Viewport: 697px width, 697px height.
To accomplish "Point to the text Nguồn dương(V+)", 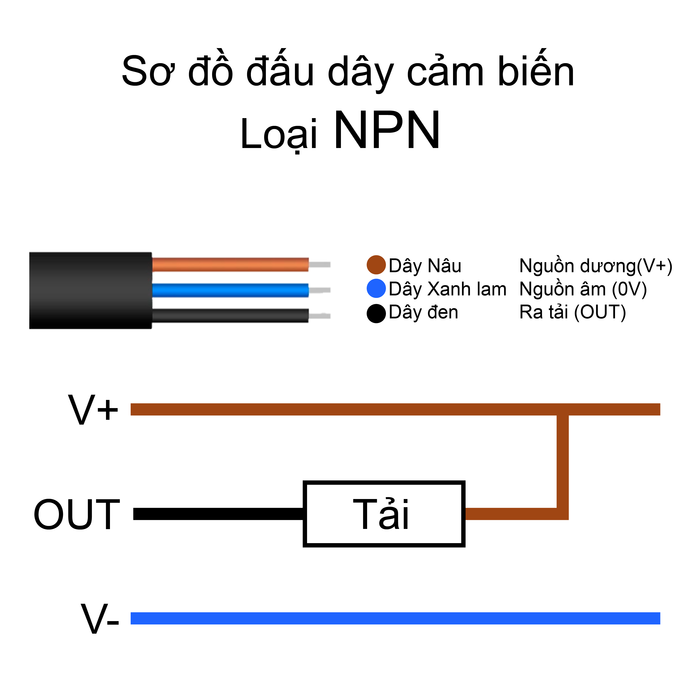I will (595, 266).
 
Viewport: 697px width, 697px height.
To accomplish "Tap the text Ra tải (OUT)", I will (573, 312).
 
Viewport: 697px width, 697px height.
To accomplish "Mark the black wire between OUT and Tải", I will (218, 514).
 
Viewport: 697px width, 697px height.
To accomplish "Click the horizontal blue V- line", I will (395, 618).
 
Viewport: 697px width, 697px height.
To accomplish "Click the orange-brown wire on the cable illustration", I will (230, 264).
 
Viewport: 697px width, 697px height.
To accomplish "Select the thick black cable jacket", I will (90, 290).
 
